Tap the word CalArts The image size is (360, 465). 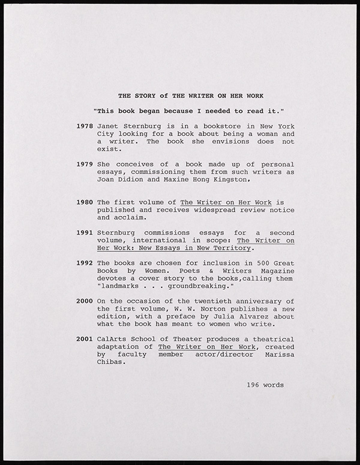(111, 339)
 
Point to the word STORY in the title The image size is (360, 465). (145, 95)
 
